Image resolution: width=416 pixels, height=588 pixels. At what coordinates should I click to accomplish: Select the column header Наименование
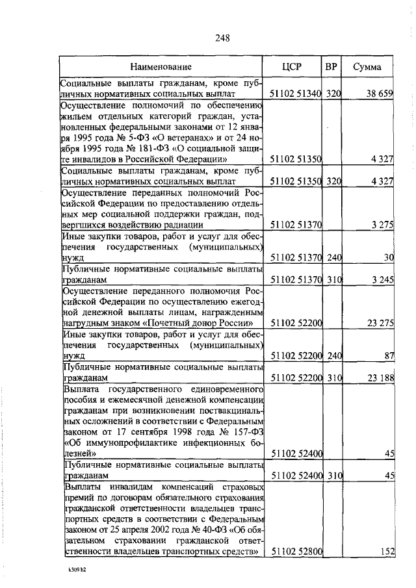tap(161, 67)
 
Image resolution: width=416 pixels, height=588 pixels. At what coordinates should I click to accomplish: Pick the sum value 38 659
tap(380, 94)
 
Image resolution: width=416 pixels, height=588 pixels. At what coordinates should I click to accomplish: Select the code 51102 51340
tap(296, 94)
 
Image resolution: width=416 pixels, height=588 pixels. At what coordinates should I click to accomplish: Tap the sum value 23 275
tap(380, 322)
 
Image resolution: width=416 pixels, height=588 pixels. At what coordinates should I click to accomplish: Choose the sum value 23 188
tap(380, 377)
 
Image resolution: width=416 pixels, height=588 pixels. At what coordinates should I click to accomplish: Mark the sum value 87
tap(389, 355)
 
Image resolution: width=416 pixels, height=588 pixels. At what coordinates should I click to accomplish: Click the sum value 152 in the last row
tap(387, 552)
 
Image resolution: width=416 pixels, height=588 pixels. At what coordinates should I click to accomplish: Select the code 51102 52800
tap(296, 552)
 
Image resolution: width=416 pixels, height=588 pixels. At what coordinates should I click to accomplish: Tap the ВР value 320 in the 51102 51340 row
tap(333, 94)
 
